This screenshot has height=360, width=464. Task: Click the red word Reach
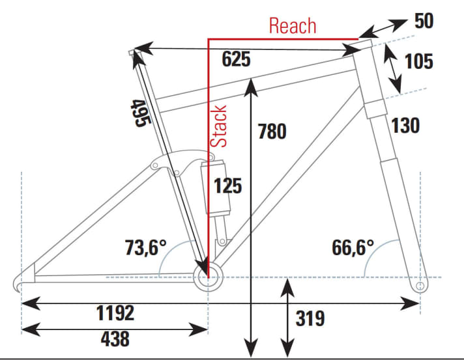tap(293, 26)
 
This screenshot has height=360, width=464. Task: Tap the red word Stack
tap(220, 126)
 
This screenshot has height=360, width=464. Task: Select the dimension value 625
tap(236, 59)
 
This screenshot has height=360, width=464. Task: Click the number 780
tap(272, 131)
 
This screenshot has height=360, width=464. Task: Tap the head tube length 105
tap(418, 62)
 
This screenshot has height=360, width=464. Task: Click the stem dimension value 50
tap(424, 20)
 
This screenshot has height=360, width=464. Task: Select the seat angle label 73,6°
tap(146, 247)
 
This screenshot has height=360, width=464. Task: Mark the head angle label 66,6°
tap(353, 248)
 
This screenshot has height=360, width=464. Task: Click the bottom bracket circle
tap(207, 279)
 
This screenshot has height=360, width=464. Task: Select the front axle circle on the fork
tap(420, 285)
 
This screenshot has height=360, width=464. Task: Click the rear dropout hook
tap(20, 282)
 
